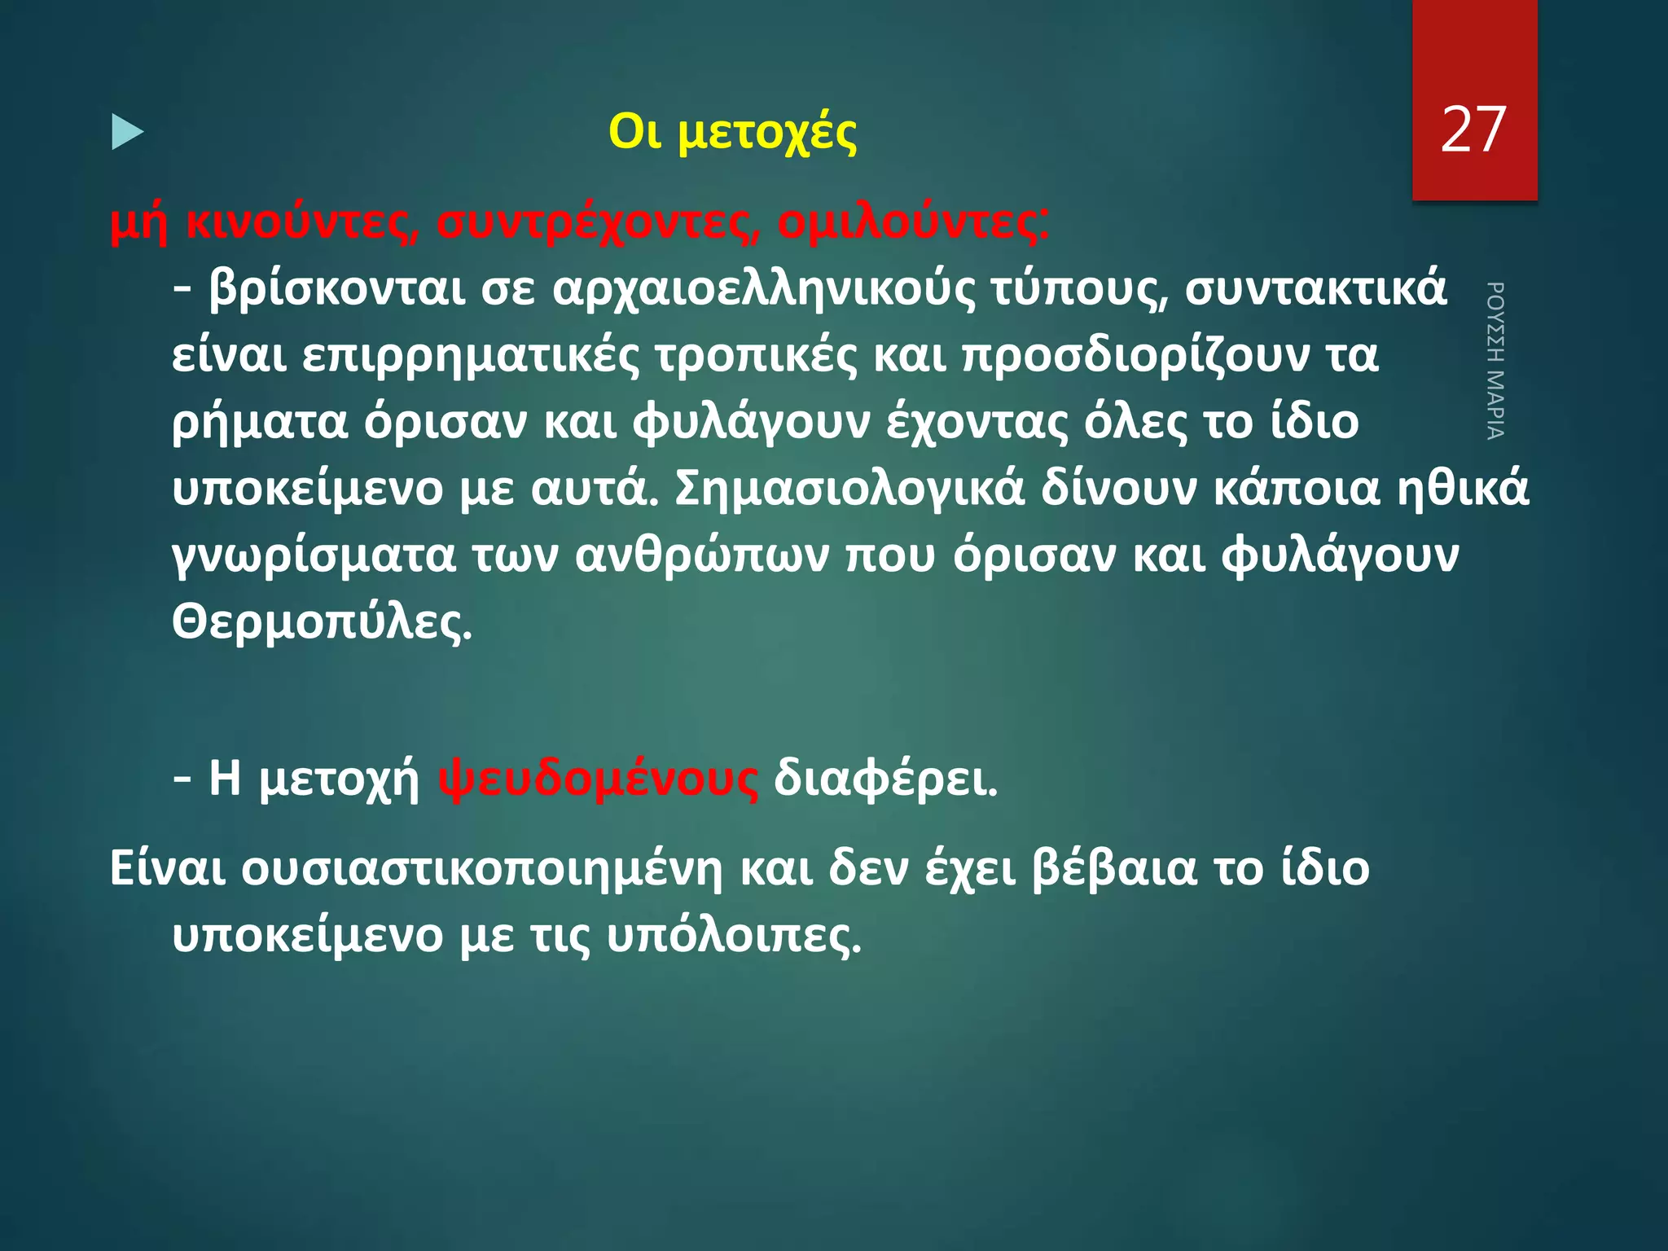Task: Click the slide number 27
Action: click(x=1473, y=130)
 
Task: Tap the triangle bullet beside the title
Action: click(x=127, y=132)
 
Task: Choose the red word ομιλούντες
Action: click(x=912, y=222)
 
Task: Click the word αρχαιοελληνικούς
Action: click(x=763, y=288)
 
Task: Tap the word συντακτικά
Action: click(x=1316, y=288)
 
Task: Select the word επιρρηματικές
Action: click(x=471, y=355)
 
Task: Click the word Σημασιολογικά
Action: click(x=849, y=489)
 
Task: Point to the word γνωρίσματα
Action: click(x=314, y=555)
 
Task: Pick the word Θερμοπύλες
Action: click(x=322, y=622)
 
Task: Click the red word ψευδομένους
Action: click(x=598, y=779)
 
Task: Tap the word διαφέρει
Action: click(x=885, y=779)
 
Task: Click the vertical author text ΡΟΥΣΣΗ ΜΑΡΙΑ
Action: click(x=1495, y=360)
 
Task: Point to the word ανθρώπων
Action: click(x=702, y=555)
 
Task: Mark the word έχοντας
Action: click(x=977, y=422)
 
